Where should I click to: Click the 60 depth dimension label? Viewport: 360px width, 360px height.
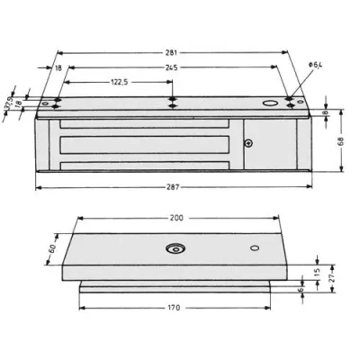click(x=52, y=248)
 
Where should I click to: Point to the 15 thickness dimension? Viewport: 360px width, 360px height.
click(x=318, y=272)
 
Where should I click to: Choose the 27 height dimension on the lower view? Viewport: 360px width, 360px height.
click(x=333, y=281)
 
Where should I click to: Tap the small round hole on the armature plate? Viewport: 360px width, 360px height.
click(x=255, y=247)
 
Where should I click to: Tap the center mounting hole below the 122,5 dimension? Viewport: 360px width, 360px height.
click(x=172, y=102)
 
